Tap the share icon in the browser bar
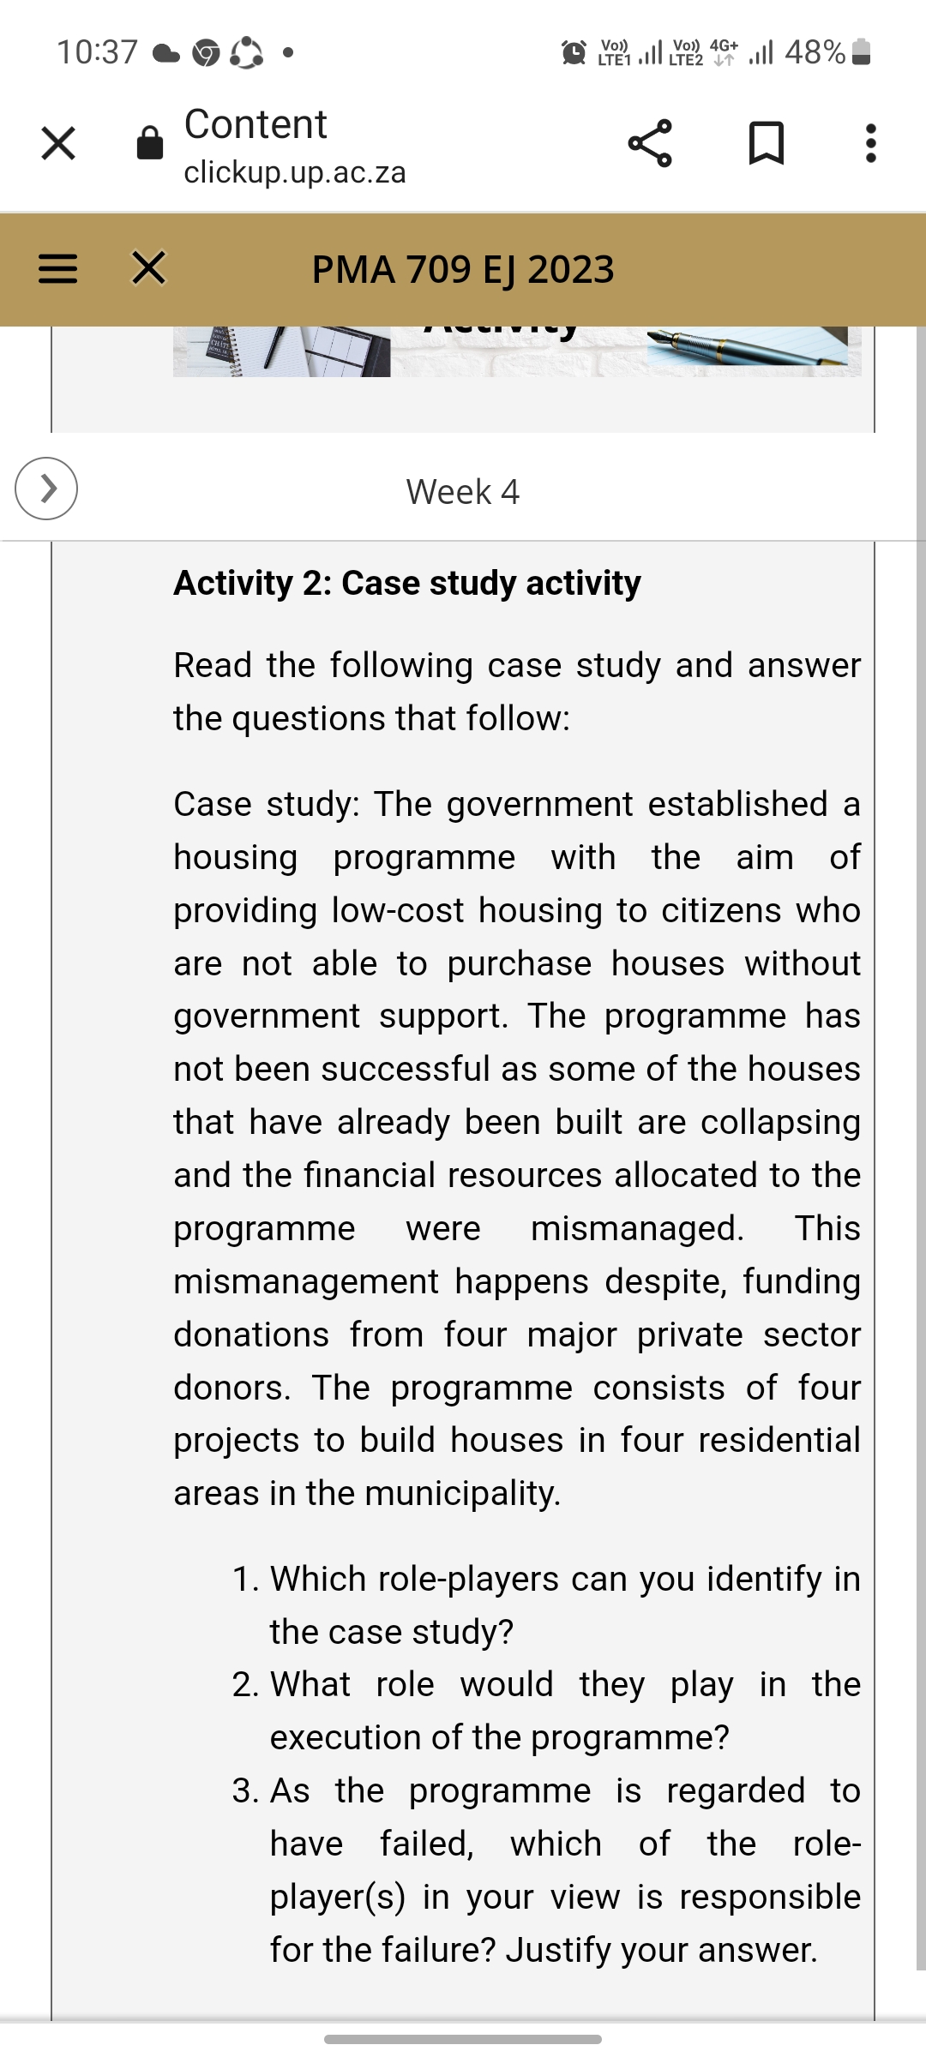tap(650, 143)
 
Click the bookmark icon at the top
tap(766, 143)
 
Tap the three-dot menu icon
tap(870, 143)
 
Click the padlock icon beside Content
tap(150, 143)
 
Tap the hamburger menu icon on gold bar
tap(58, 269)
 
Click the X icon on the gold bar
tap(149, 267)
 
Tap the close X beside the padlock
tap(58, 143)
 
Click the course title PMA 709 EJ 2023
tap(463, 269)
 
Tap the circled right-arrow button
tap(46, 489)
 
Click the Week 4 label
tap(463, 492)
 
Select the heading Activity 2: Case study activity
tap(407, 583)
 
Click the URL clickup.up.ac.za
tap(295, 172)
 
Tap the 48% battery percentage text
tap(815, 52)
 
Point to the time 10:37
tap(97, 52)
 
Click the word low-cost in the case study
tap(398, 910)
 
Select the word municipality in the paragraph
tap(462, 1493)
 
